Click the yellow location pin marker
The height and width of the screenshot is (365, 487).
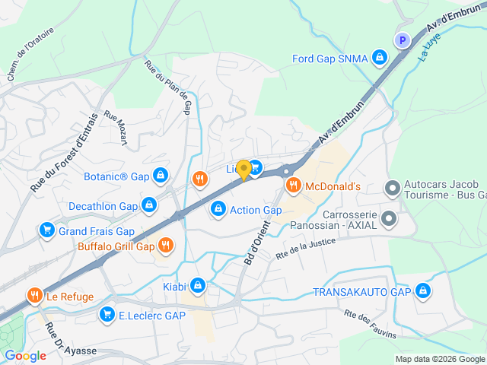click(243, 170)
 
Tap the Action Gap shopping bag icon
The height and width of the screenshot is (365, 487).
click(218, 208)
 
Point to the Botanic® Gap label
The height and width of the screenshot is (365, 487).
click(116, 176)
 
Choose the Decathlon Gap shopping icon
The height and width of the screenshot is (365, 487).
click(149, 206)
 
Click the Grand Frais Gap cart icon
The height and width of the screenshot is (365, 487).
click(47, 230)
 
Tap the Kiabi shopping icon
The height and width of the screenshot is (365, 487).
click(198, 285)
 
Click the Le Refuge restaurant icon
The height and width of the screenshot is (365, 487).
click(33, 296)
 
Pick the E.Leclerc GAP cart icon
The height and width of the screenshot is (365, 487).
click(107, 315)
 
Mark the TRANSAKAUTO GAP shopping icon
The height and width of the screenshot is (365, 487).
click(423, 292)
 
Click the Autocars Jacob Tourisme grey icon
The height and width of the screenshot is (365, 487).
click(392, 187)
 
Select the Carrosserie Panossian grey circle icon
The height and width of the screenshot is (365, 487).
click(389, 220)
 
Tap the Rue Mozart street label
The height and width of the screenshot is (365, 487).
click(117, 130)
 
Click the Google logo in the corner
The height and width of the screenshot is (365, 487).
click(25, 355)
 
